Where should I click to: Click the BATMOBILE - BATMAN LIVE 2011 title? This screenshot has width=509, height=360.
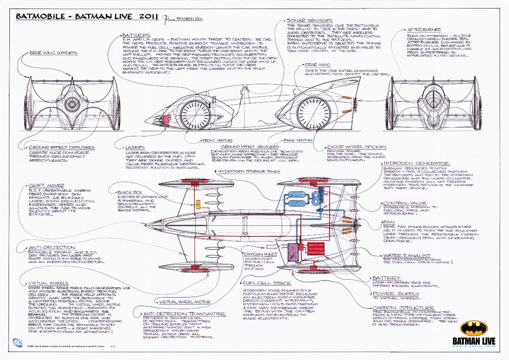coord(85,17)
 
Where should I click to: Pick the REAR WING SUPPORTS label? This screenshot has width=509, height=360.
coord(53,53)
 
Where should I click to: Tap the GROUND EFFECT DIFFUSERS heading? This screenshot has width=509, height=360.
coord(62,148)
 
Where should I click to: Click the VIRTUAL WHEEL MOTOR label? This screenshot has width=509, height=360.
coord(184,302)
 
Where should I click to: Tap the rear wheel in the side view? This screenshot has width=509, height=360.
coord(315,113)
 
